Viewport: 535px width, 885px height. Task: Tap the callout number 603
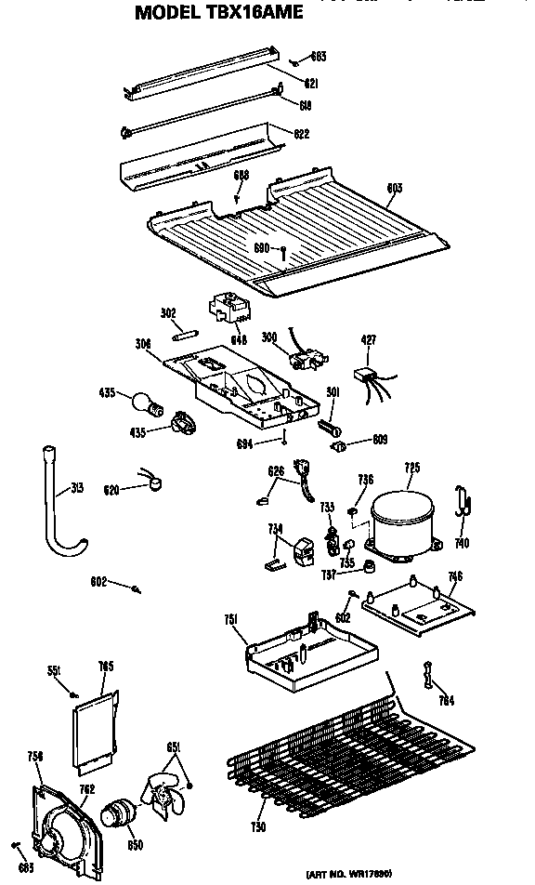[394, 189]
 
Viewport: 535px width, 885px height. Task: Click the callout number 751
[232, 620]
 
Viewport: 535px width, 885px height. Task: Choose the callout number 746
[454, 577]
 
